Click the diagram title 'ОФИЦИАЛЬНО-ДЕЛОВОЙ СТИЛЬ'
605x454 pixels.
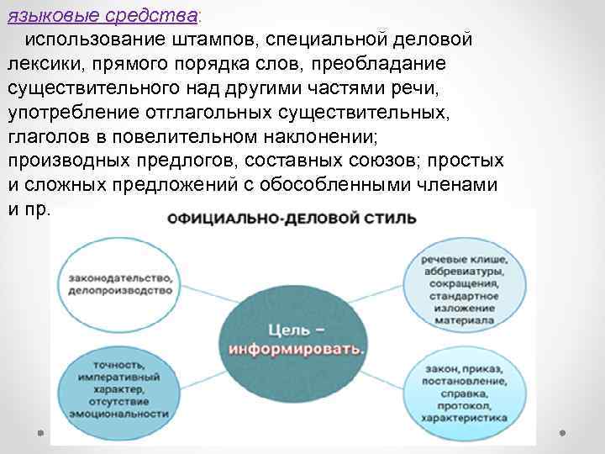click(x=292, y=219)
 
